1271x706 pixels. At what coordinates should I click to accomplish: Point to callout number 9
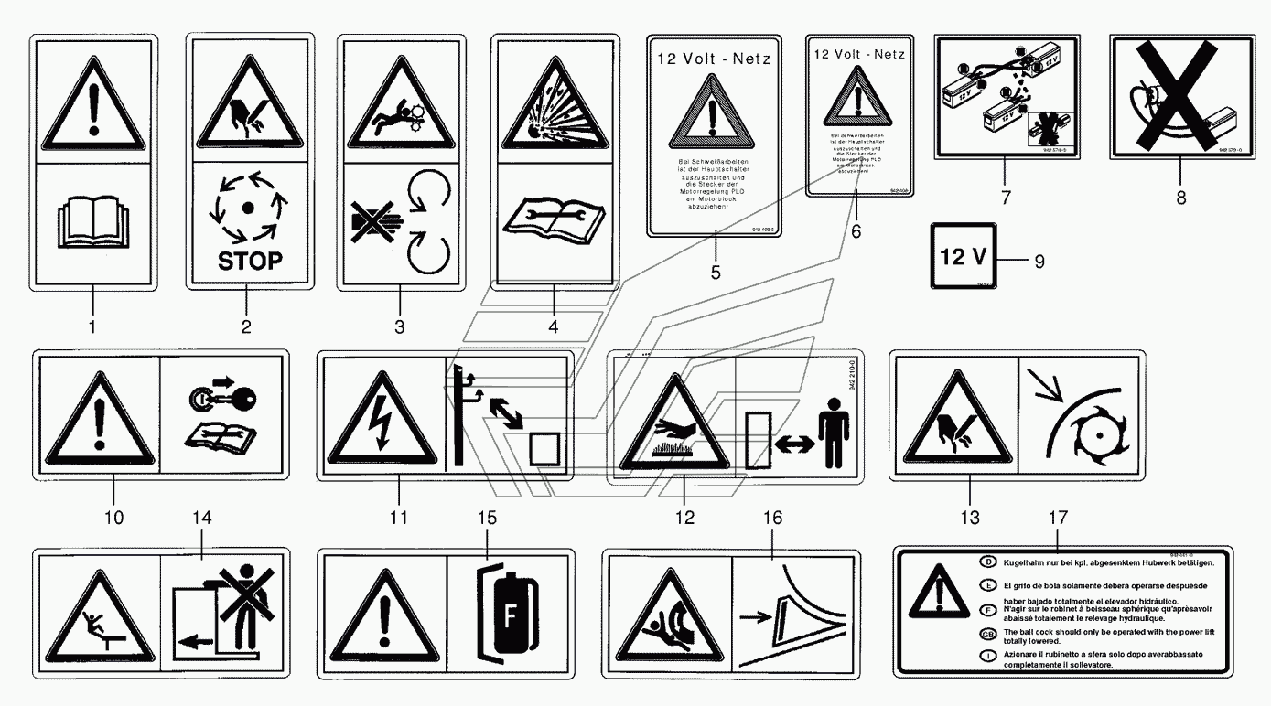pos(1039,261)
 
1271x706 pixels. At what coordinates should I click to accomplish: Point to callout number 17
pos(1058,518)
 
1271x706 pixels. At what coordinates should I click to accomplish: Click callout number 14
pos(201,518)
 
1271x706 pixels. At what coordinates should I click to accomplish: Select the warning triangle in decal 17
pos(934,594)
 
